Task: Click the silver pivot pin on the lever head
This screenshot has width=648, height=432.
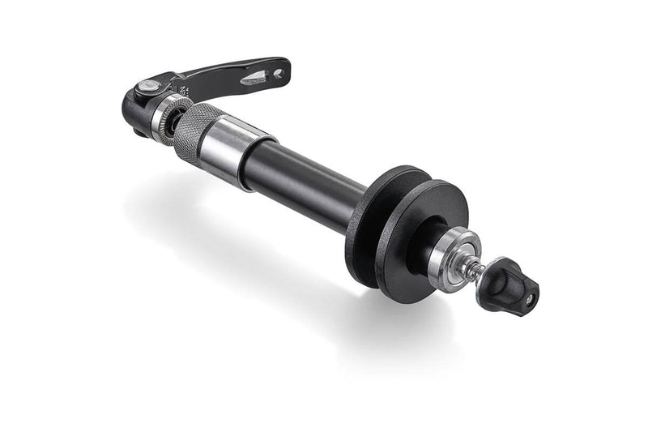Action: (x=143, y=87)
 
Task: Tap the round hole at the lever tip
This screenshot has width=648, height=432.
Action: (x=278, y=73)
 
